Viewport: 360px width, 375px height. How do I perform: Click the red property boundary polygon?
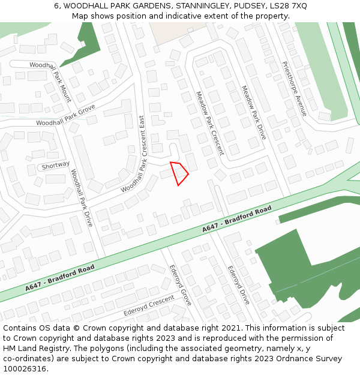coord(179,173)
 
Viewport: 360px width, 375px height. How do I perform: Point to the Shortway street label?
coord(56,164)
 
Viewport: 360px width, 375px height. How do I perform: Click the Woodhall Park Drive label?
coord(82,197)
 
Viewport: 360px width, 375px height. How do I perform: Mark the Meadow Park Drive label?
coord(253,113)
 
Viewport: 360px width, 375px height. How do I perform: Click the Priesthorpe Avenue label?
coord(294,89)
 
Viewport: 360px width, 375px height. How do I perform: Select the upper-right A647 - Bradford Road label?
coord(236,220)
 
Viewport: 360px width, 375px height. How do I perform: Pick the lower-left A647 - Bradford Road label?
coord(60,278)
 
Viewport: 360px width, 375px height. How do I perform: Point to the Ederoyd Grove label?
coord(179,285)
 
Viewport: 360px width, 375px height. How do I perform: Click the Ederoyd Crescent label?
coord(149,305)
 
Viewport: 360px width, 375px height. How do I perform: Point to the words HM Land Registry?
coord(34,348)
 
